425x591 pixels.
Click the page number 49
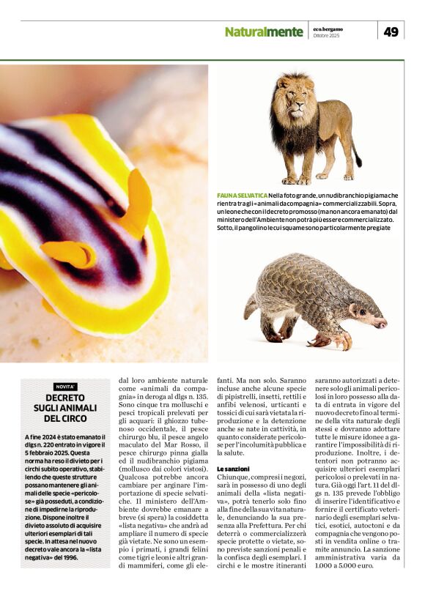click(391, 31)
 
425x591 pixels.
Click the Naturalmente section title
click(263, 32)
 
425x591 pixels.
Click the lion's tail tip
click(358, 162)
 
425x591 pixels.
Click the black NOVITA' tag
click(65, 387)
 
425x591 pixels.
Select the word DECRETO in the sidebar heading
click(65, 398)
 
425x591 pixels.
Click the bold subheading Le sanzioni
click(234, 468)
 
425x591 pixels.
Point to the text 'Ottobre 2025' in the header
click(326, 35)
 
